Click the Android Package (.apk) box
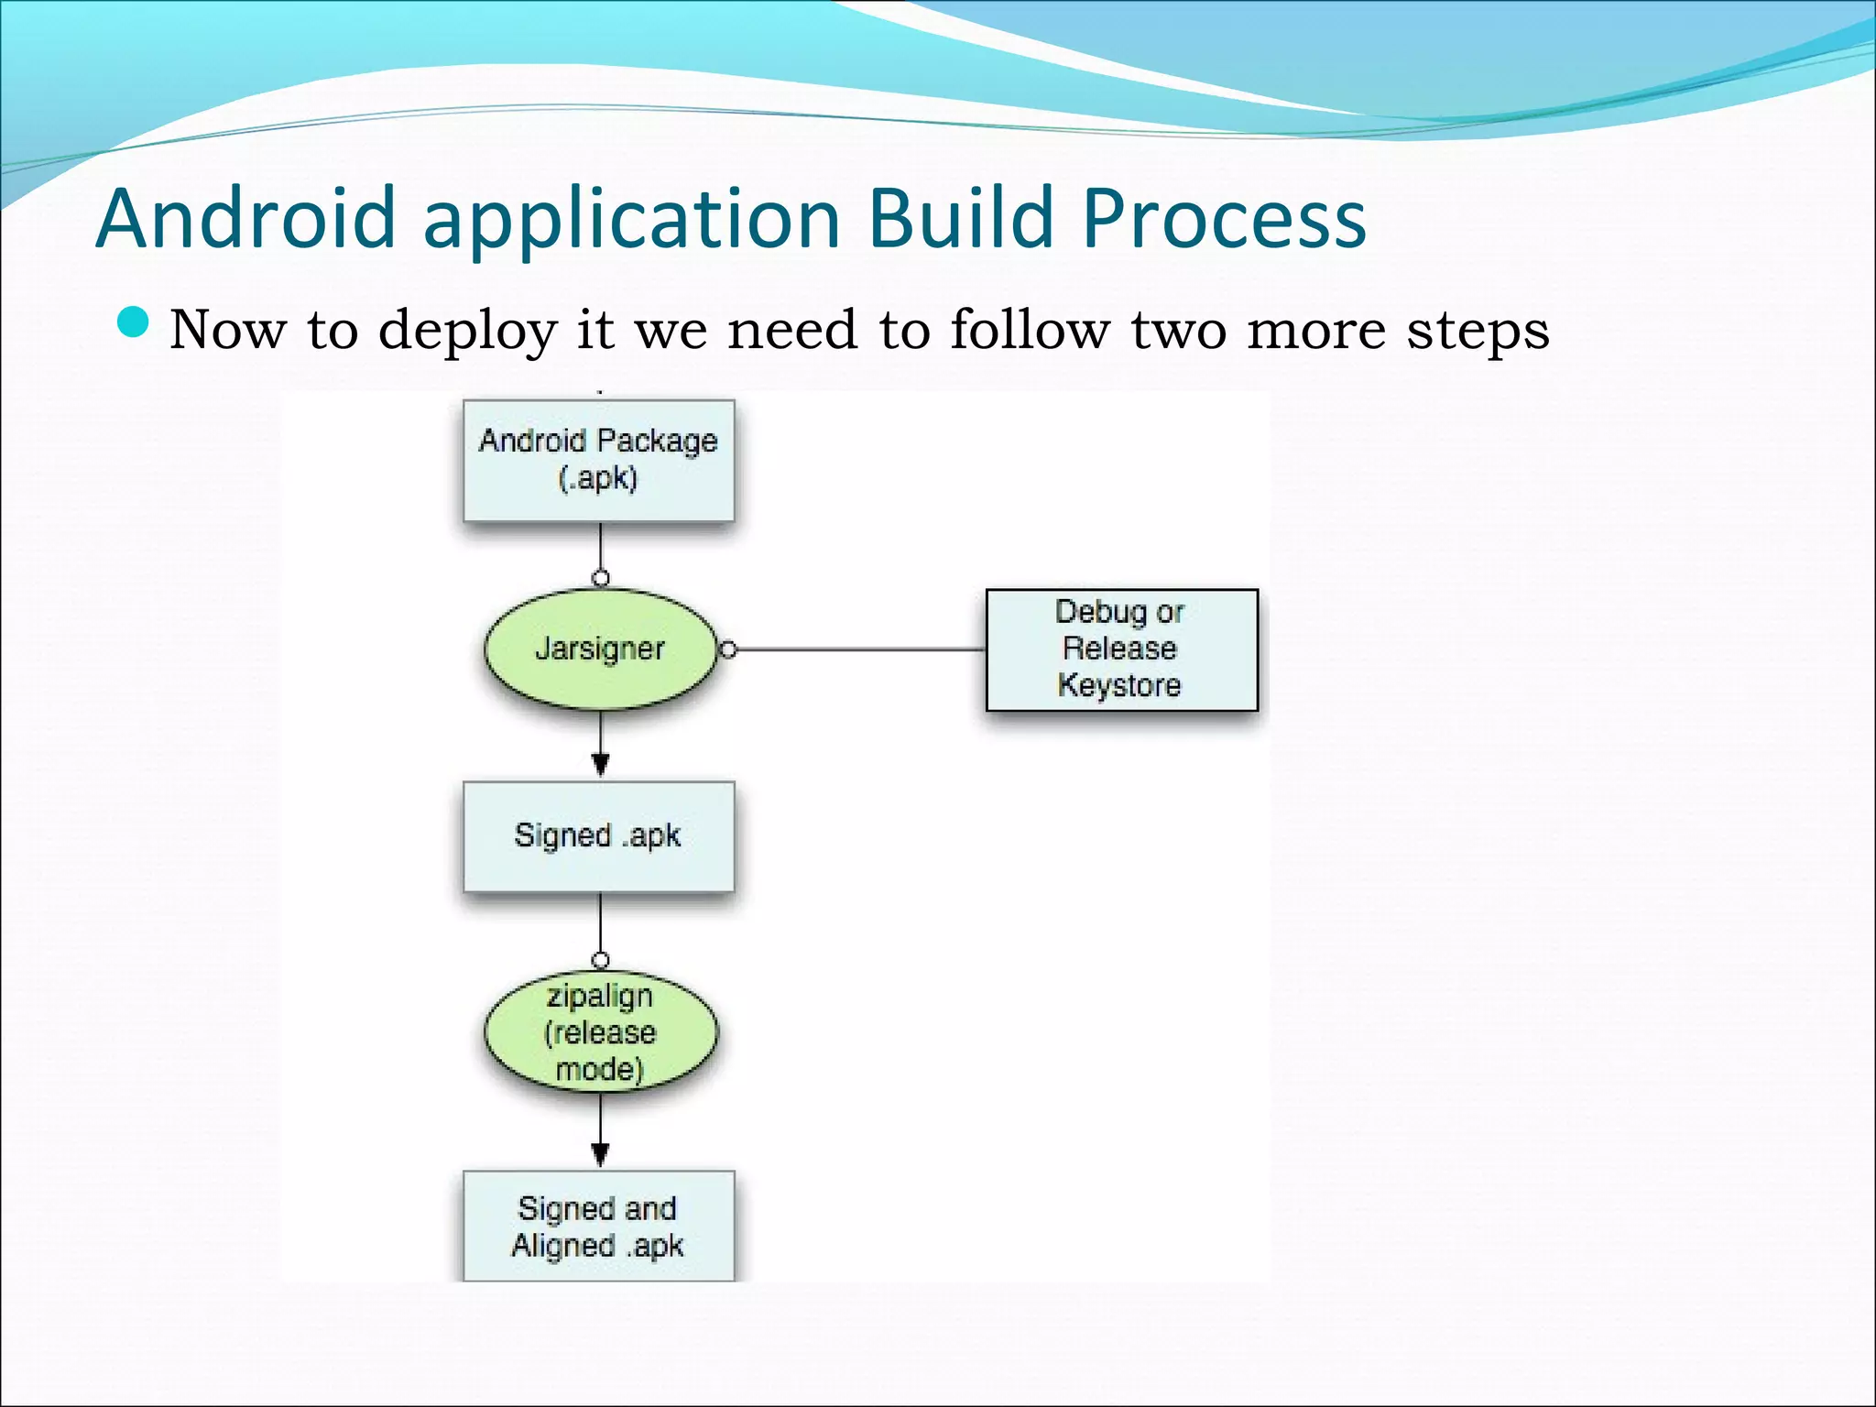598,460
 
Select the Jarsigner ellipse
600,649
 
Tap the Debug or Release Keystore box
1121,649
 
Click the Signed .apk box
598,835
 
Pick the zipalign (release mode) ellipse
600,1032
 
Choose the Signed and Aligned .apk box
598,1226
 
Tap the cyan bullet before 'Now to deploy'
134,322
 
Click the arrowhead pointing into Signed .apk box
600,763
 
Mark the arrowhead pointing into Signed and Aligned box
600,1153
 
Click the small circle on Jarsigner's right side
728,649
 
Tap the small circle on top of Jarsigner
600,578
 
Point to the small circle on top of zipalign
600,961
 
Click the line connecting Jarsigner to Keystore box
861,649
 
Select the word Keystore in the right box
1119,685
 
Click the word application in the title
631,220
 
